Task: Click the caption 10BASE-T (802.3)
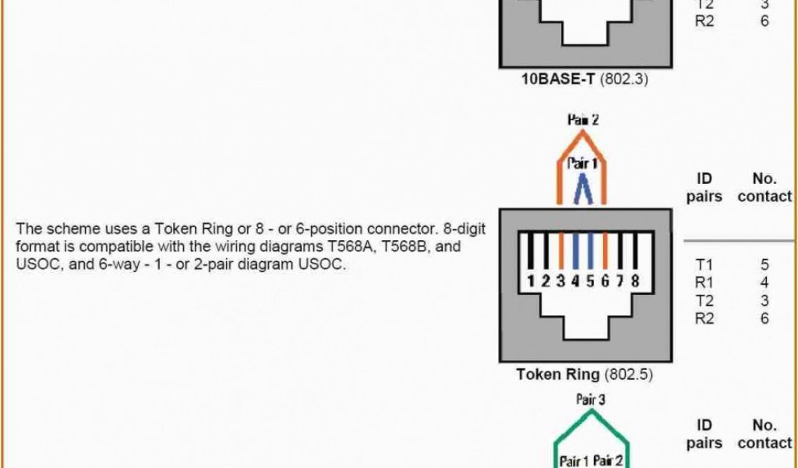[584, 79]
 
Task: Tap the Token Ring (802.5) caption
[584, 374]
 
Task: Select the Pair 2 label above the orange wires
[584, 120]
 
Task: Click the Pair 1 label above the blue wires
[583, 165]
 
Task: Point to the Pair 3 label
[591, 399]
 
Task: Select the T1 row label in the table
[704, 265]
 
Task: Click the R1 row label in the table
[704, 282]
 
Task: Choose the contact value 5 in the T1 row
[764, 265]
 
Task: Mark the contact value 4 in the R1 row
[764, 282]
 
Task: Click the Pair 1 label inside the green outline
[574, 461]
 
